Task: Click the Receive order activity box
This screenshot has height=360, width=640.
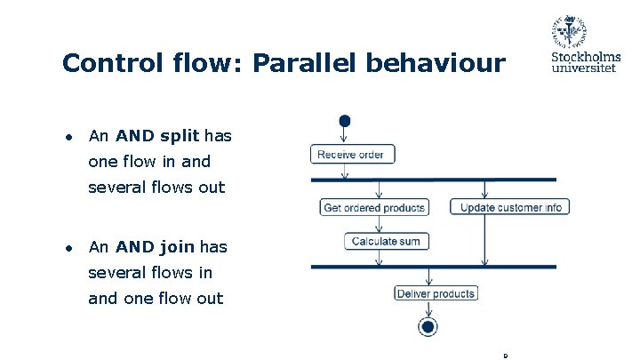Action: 352,155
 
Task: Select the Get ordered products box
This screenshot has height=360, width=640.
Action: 374,207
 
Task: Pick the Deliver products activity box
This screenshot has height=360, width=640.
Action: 436,293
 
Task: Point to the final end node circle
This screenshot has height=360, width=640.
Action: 428,328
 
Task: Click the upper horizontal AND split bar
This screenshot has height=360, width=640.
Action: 433,180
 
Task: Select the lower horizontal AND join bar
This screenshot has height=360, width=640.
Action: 433,266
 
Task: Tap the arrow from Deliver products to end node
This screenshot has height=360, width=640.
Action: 429,309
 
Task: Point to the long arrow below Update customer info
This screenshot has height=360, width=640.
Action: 484,239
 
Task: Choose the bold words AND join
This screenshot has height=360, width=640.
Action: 153,246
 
